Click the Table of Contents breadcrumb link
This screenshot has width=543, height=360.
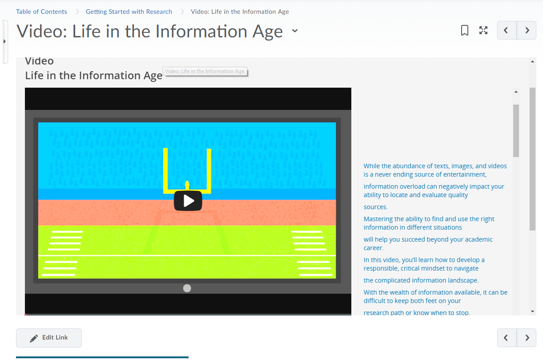click(41, 12)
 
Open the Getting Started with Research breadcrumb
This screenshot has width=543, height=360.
click(129, 12)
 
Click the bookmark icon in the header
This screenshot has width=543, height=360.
click(464, 31)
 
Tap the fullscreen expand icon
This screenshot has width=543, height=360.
click(483, 30)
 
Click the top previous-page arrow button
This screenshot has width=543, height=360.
click(507, 30)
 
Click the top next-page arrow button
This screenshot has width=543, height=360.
click(527, 30)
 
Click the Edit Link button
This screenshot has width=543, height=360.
click(49, 338)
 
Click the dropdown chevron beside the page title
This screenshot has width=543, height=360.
click(294, 31)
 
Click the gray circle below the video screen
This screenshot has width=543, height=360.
click(187, 288)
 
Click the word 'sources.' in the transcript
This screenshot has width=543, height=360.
click(375, 207)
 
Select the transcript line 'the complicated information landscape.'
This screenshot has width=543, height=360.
click(421, 280)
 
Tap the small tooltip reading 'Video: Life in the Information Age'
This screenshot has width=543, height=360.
click(205, 71)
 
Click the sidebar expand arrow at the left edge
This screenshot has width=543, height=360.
click(4, 41)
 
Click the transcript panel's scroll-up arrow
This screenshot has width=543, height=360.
click(516, 92)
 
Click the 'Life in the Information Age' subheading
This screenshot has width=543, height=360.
click(93, 76)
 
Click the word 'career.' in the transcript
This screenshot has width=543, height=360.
click(373, 248)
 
